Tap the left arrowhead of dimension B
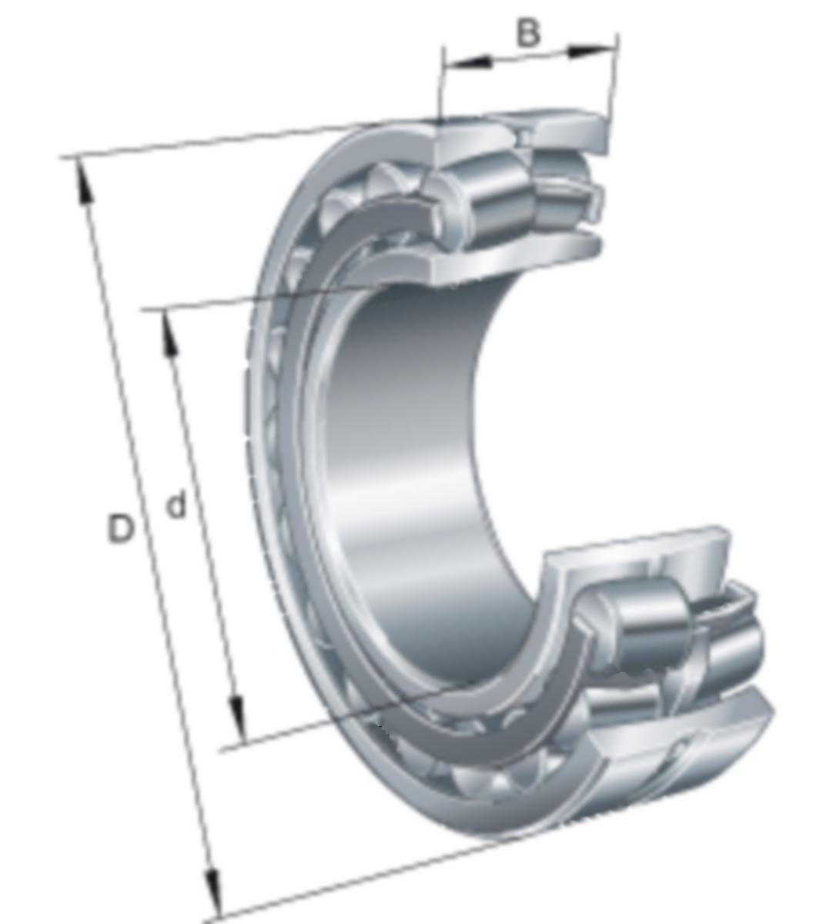pos(469,64)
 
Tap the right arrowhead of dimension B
pos(590,51)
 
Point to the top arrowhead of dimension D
pos(83,182)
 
